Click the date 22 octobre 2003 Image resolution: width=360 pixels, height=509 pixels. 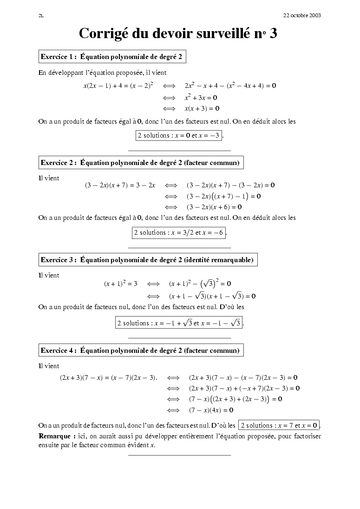point(302,15)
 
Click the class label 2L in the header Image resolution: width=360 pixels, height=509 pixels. point(41,15)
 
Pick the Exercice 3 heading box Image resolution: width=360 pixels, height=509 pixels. point(147,260)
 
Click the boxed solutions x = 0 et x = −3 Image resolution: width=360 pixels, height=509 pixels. point(178,135)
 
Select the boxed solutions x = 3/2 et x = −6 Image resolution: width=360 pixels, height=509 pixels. point(178,232)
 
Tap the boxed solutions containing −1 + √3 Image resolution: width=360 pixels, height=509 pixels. point(179,323)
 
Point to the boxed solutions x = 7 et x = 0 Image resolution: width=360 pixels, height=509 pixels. point(279,425)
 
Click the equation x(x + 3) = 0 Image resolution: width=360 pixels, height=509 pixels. point(202,108)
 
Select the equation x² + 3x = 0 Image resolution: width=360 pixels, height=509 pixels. point(201,98)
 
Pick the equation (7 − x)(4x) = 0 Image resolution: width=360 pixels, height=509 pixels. point(211,410)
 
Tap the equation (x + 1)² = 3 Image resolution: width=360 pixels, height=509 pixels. point(121,284)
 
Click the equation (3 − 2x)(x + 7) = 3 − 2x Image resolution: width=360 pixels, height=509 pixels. point(120,185)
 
